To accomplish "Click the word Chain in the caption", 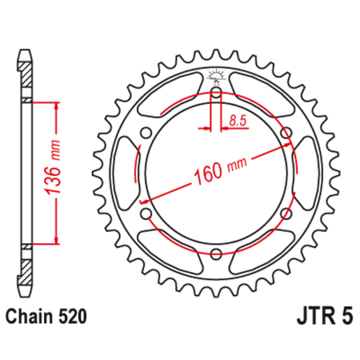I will click(x=29, y=315).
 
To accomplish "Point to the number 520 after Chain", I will click(x=73, y=315).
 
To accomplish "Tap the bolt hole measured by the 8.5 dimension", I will click(x=216, y=93).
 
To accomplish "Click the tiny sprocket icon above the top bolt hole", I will click(x=216, y=75).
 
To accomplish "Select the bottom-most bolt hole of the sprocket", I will click(x=216, y=253).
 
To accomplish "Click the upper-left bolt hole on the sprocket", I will click(x=146, y=133).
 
